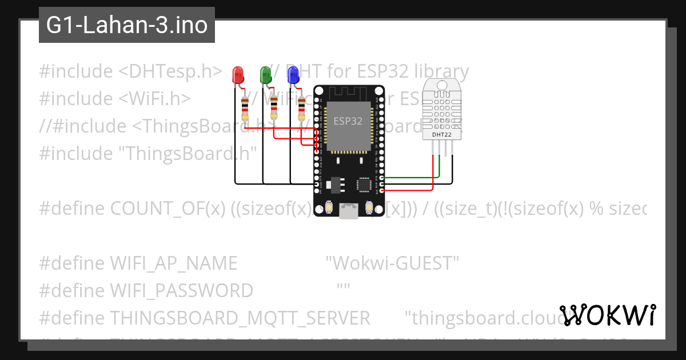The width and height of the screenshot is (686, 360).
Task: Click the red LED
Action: (238, 74)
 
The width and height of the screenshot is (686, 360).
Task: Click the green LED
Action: (266, 74)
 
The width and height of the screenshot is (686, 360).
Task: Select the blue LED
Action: (293, 74)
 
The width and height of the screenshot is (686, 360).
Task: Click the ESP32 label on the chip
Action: (348, 121)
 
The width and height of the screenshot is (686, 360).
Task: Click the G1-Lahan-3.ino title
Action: (127, 26)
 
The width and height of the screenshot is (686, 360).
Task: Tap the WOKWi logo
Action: (607, 315)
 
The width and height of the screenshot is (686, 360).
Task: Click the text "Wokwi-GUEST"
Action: (392, 263)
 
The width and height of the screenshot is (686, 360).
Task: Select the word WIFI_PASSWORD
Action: (181, 291)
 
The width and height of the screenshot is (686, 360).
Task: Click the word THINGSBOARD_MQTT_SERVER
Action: (240, 318)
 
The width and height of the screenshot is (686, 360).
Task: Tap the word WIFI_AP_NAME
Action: (173, 263)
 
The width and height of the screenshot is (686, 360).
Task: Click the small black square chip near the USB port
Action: (364, 184)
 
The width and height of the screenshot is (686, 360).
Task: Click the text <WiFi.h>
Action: (155, 99)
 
